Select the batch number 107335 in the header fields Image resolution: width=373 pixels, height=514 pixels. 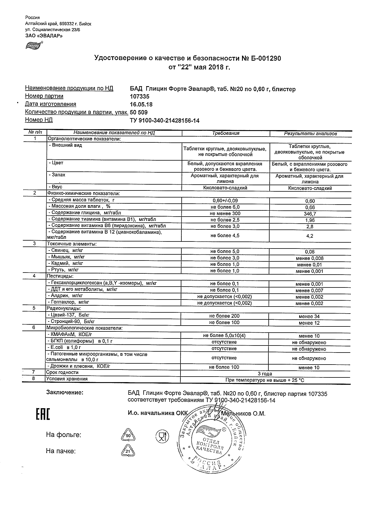pos(139,96)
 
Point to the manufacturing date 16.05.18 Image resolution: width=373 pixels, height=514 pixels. pos(141,104)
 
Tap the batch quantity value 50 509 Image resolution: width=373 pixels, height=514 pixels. pos(139,112)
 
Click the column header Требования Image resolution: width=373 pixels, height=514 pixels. pos(226,133)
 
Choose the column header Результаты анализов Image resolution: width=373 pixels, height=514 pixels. pos(310,134)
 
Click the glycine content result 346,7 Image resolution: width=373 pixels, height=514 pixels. pos(310,214)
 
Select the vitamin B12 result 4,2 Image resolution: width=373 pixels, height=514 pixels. pos(310,236)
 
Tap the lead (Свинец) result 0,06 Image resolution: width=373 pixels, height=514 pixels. pos(310,252)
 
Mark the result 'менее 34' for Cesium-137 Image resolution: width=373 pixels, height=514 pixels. pos(309,316)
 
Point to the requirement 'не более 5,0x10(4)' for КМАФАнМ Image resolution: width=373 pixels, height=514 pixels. pos(224,336)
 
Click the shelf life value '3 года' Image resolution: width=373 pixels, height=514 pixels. pos(265,374)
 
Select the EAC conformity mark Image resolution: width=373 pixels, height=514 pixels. pos(43,414)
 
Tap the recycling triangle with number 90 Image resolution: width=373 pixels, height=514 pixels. pos(128,436)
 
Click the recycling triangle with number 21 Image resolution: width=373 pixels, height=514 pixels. pos(128,452)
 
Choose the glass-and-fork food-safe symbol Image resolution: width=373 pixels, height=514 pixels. pos(161,436)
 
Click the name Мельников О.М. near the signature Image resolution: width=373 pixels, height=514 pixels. pos(243,414)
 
